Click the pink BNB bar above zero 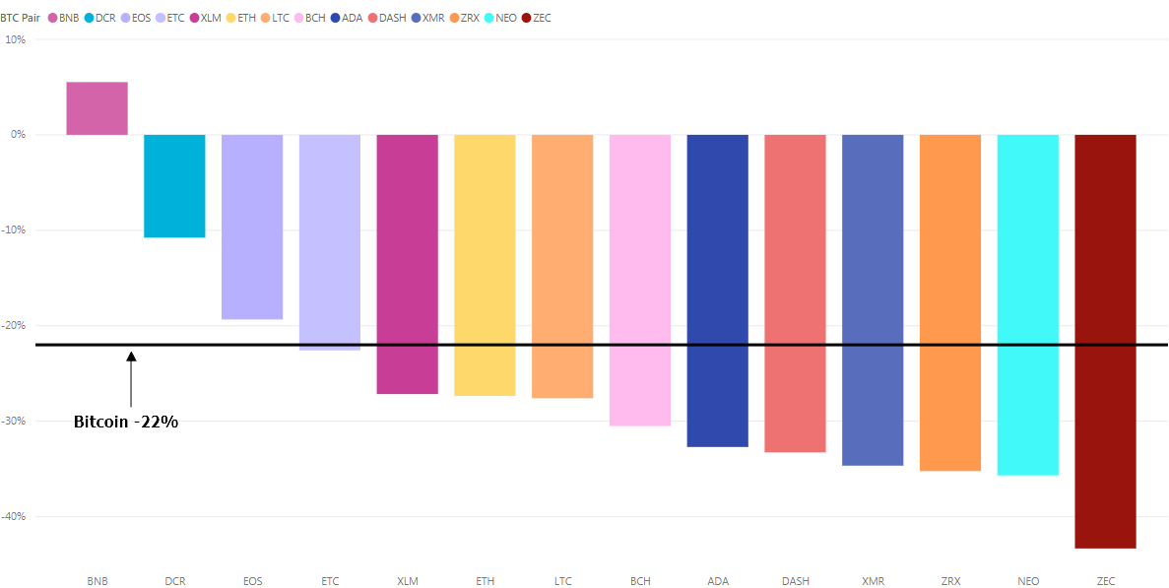[x=97, y=108]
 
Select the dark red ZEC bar [x=1105, y=341]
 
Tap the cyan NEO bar [x=1027, y=304]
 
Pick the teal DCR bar [x=174, y=185]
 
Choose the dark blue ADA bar [x=717, y=291]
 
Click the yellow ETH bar [x=485, y=265]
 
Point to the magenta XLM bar [x=407, y=264]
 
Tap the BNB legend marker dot [x=52, y=18]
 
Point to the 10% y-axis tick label [x=16, y=39]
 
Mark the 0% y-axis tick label [x=18, y=135]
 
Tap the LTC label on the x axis [x=562, y=581]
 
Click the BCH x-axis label [x=640, y=581]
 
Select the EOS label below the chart [x=252, y=581]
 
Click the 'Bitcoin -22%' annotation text [x=126, y=422]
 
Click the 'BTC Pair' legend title [x=21, y=18]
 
